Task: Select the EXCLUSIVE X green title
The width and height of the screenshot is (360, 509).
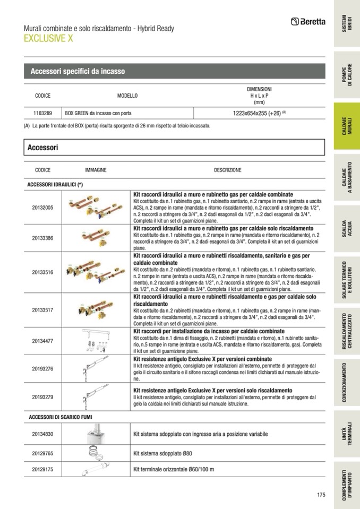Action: pyautogui.click(x=48, y=38)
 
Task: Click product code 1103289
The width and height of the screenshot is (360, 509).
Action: pyautogui.click(x=42, y=113)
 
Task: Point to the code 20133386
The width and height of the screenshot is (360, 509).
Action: pyautogui.click(x=42, y=238)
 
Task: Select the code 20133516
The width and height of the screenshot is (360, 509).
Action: pyautogui.click(x=42, y=272)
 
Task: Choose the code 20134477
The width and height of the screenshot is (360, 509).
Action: pyautogui.click(x=42, y=341)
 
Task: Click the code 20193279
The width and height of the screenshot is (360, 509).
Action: pyautogui.click(x=42, y=396)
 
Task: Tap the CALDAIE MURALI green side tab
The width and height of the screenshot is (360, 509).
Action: pyautogui.click(x=347, y=127)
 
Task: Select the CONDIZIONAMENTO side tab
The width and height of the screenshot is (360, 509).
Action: pyautogui.click(x=347, y=382)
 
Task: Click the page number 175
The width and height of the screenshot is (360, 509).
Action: pyautogui.click(x=320, y=495)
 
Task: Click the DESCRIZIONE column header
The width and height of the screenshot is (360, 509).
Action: pyautogui.click(x=227, y=170)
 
